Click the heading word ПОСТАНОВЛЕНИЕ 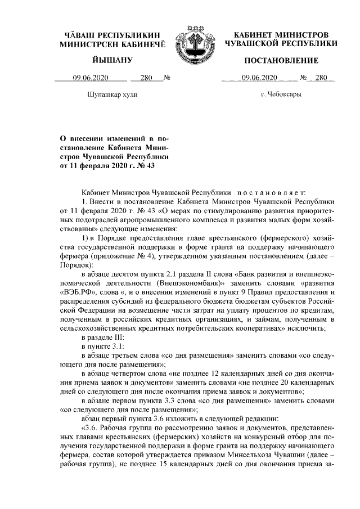click(281, 60)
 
